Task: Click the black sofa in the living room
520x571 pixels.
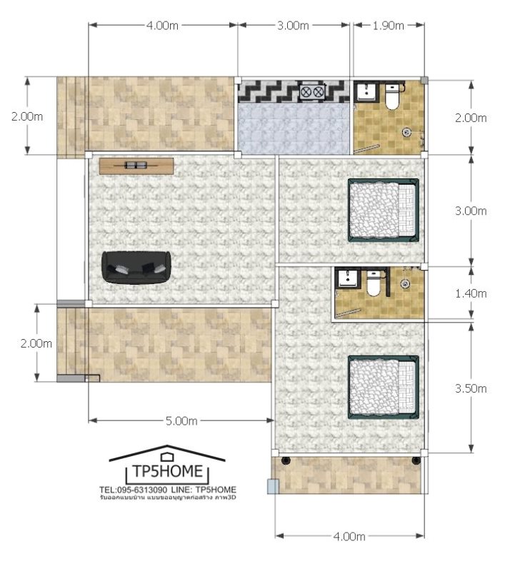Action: pyautogui.click(x=136, y=268)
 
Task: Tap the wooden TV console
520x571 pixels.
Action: pyautogui.click(x=136, y=166)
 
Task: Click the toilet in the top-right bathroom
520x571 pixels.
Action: pyautogui.click(x=391, y=97)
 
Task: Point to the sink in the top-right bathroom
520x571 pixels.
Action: pyautogui.click(x=364, y=92)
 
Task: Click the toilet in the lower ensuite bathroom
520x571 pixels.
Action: pyautogui.click(x=374, y=283)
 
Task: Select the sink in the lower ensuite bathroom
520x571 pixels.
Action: pyautogui.click(x=346, y=279)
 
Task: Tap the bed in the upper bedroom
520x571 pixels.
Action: pyautogui.click(x=384, y=210)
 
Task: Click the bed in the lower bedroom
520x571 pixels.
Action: pyautogui.click(x=384, y=387)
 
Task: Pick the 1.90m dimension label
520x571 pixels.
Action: pyautogui.click(x=388, y=26)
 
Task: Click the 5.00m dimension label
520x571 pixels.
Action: pyautogui.click(x=181, y=421)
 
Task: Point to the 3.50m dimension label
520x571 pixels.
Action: pyautogui.click(x=471, y=388)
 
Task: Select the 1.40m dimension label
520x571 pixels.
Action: pyautogui.click(x=471, y=293)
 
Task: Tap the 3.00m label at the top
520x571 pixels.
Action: pyautogui.click(x=293, y=26)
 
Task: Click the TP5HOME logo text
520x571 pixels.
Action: pyautogui.click(x=167, y=471)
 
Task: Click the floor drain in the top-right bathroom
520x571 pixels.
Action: pyautogui.click(x=407, y=132)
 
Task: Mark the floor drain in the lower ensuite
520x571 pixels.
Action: pyautogui.click(x=404, y=283)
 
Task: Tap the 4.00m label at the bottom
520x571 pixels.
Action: pyautogui.click(x=349, y=536)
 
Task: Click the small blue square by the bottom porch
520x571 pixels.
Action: pyautogui.click(x=273, y=486)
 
